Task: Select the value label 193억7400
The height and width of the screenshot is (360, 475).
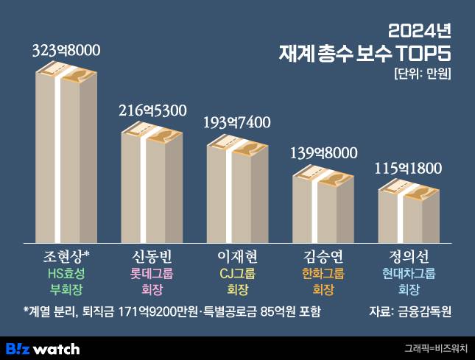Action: point(237,122)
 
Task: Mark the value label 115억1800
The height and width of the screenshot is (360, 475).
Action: point(409,168)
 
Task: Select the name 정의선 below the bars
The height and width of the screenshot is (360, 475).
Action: point(409,256)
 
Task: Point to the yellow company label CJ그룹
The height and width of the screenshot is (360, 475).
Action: point(237,273)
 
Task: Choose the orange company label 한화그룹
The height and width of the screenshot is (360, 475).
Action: point(323,273)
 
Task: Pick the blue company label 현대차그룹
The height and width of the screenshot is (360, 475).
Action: point(409,273)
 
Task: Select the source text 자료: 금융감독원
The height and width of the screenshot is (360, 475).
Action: point(409,311)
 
